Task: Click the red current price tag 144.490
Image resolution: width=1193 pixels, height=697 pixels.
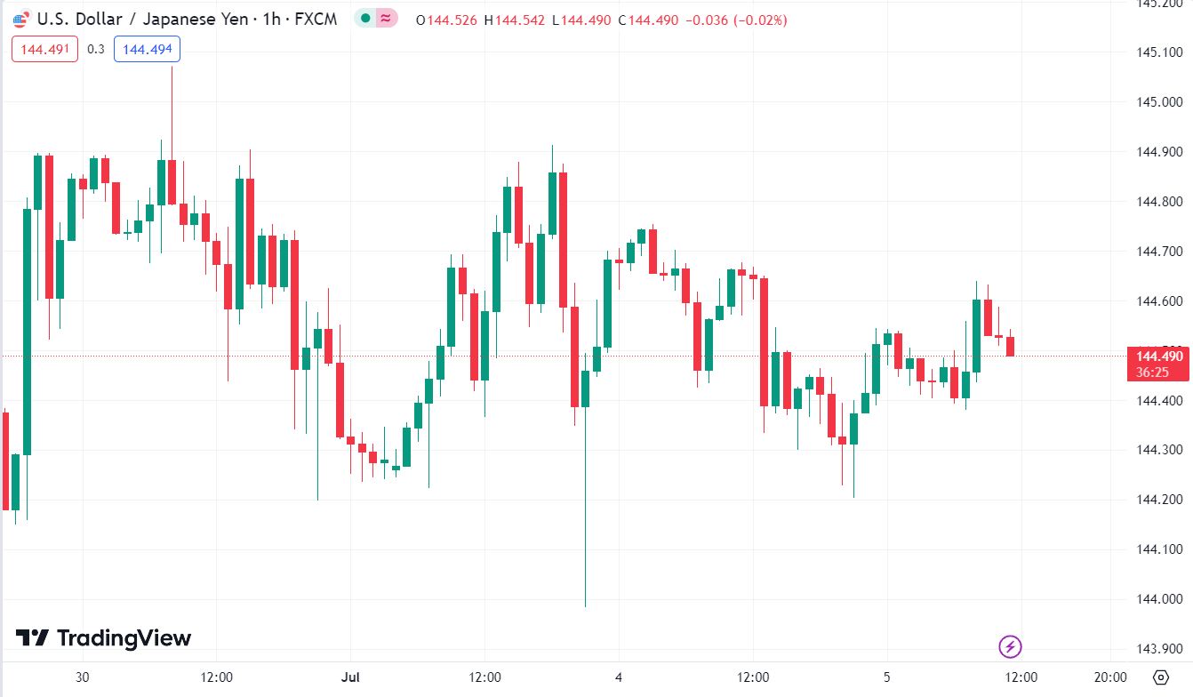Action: click(1157, 357)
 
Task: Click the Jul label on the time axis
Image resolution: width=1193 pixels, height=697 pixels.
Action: click(351, 677)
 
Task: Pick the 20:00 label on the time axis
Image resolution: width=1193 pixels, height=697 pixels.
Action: click(1110, 677)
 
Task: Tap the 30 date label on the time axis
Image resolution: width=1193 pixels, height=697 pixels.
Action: click(83, 677)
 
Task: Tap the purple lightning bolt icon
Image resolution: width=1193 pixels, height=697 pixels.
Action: click(1010, 646)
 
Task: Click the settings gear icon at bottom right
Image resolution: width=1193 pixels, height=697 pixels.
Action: click(1160, 677)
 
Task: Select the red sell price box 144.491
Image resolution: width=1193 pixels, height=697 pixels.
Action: click(44, 49)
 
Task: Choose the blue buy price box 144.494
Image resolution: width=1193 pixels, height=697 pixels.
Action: click(147, 49)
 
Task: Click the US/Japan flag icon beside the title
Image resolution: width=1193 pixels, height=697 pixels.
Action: click(21, 20)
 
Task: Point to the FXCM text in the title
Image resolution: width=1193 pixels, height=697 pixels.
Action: click(316, 20)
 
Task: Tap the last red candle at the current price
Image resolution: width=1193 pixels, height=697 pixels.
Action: click(1010, 346)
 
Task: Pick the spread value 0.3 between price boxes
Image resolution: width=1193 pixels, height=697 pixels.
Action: click(96, 49)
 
